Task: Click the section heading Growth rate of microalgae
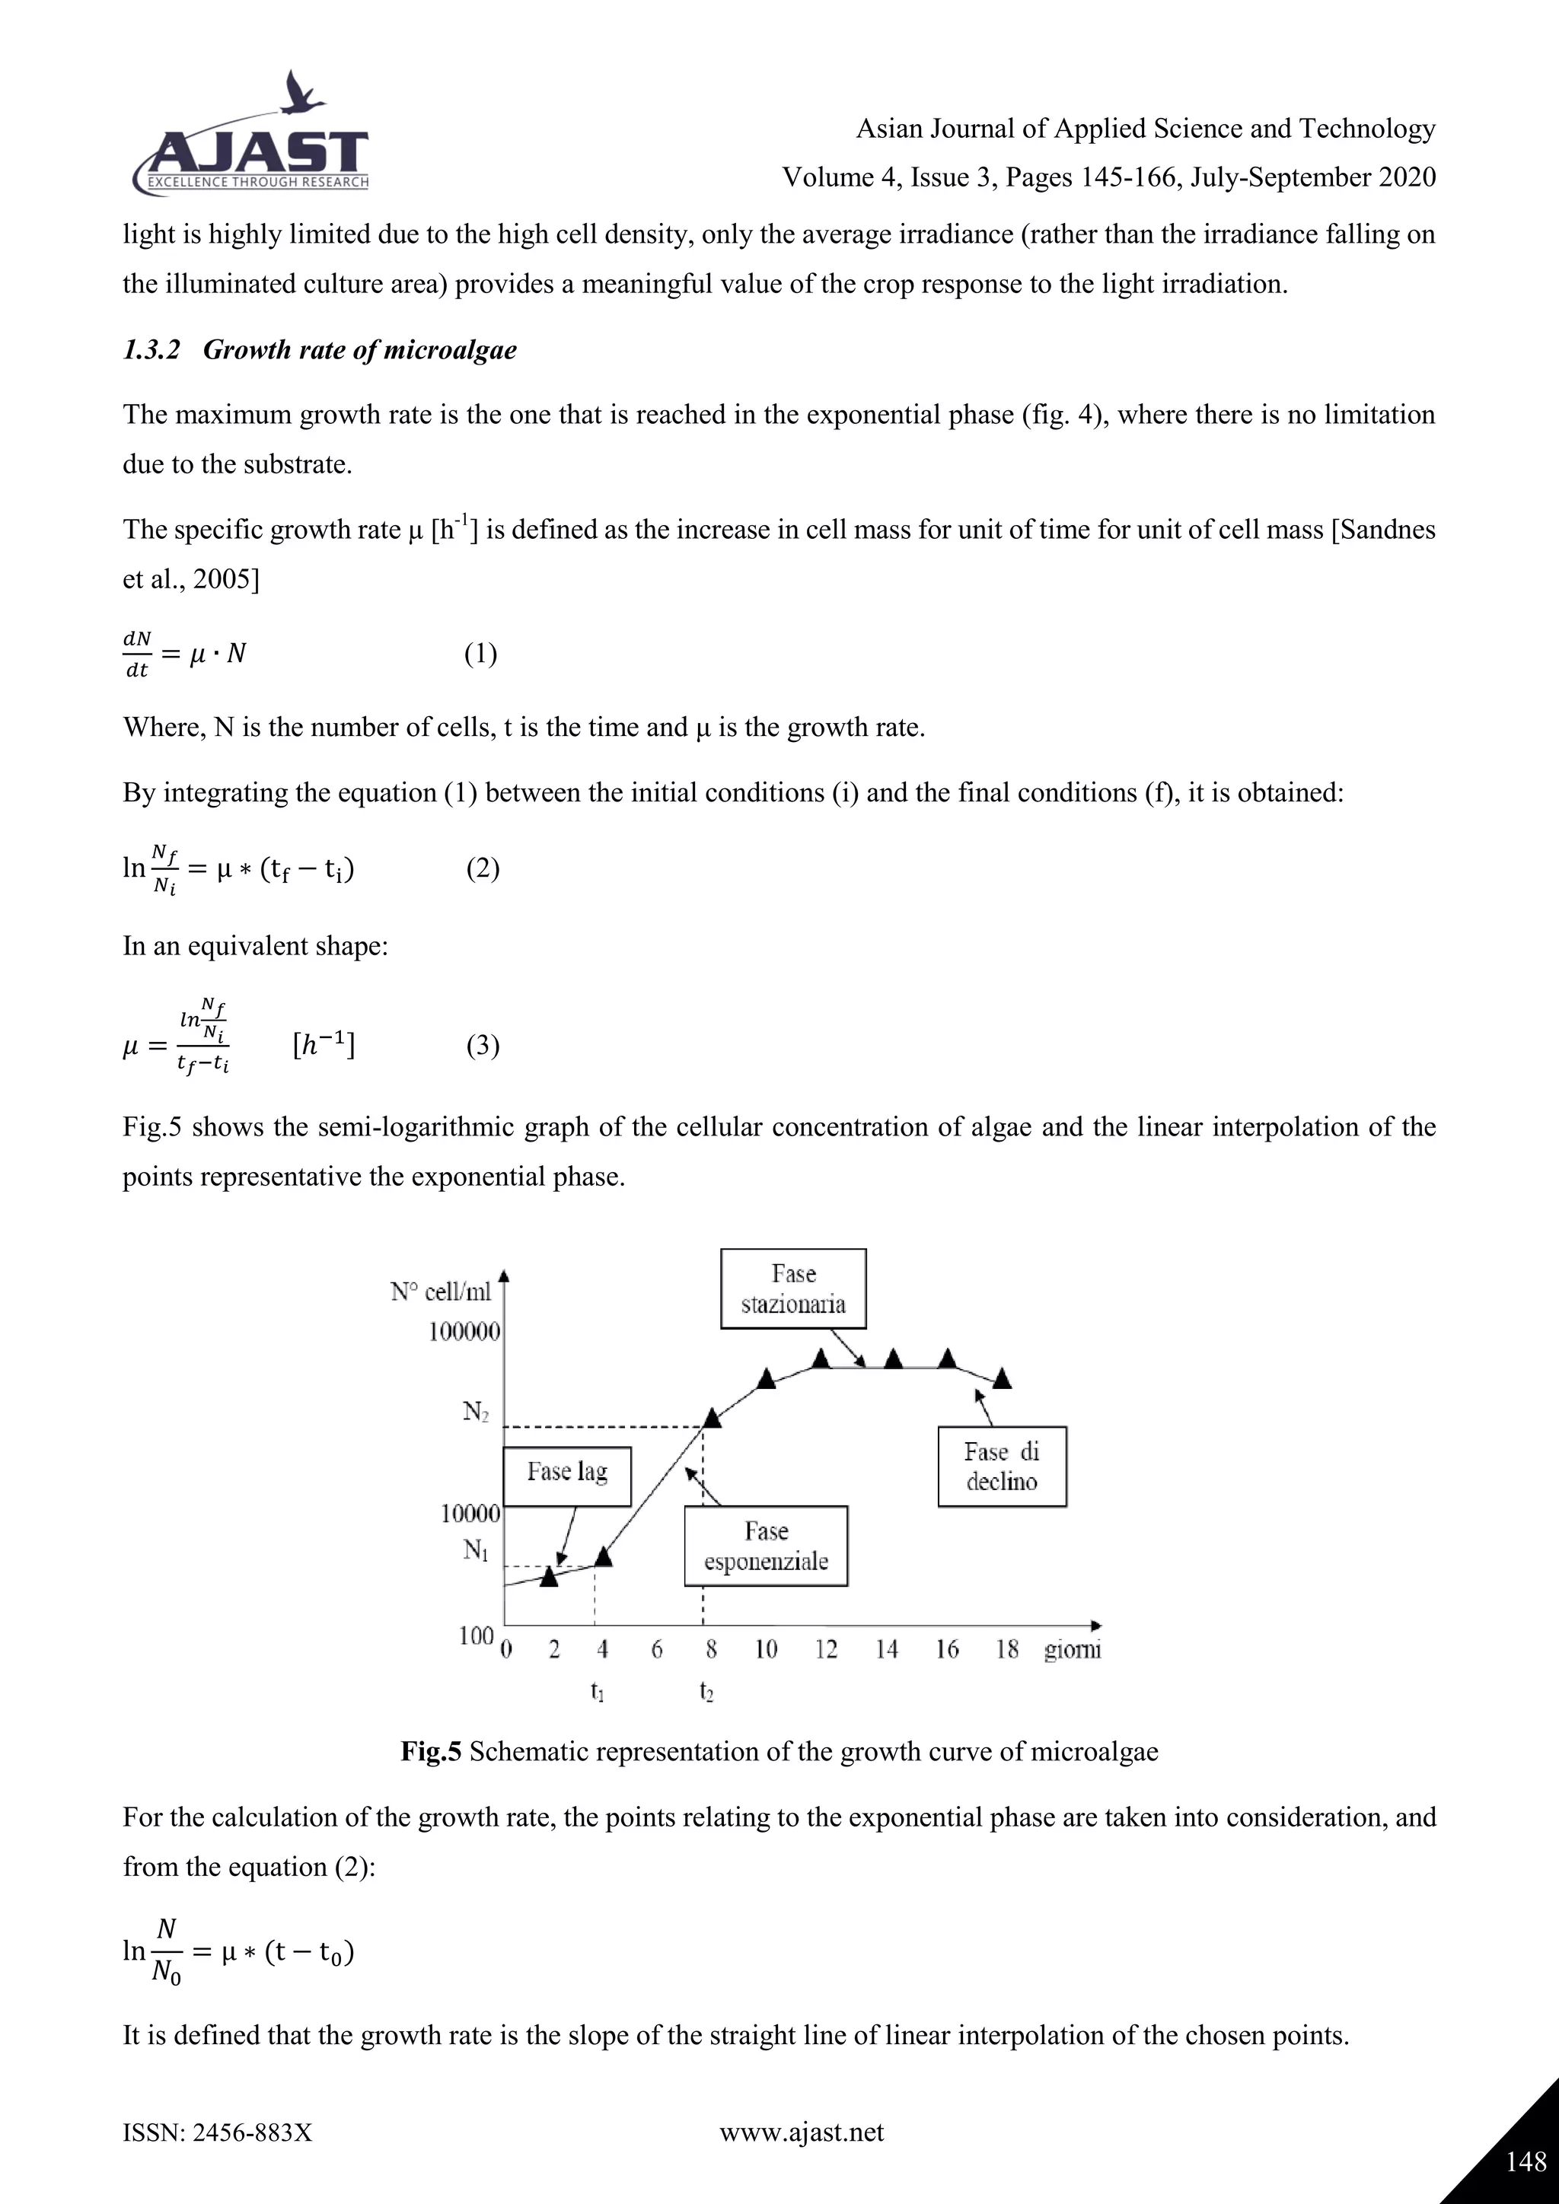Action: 320,349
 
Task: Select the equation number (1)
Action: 480,655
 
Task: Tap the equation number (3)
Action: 483,1046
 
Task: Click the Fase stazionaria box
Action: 793,1288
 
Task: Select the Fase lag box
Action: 566,1472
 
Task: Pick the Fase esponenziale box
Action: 765,1546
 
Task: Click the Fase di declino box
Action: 1001,1466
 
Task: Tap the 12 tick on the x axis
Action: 826,1649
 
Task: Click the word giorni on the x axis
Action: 1073,1649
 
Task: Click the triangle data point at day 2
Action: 549,1576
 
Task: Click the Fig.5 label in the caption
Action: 431,1752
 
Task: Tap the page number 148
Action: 1526,2160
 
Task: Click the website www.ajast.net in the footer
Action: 801,2132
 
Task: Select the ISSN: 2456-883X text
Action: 217,2132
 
